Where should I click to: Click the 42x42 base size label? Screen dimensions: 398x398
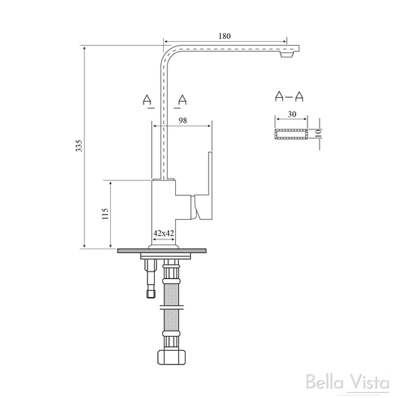(x=164, y=233)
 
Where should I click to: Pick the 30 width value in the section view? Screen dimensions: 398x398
(x=293, y=114)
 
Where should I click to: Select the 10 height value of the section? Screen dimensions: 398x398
(x=319, y=133)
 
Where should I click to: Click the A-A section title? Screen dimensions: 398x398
(x=290, y=96)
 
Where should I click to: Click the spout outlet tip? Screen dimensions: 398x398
(x=287, y=55)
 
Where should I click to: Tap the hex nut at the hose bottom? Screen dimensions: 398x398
(x=172, y=358)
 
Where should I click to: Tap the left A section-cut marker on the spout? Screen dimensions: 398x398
(x=148, y=99)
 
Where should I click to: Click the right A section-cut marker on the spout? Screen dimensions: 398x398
(x=182, y=99)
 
